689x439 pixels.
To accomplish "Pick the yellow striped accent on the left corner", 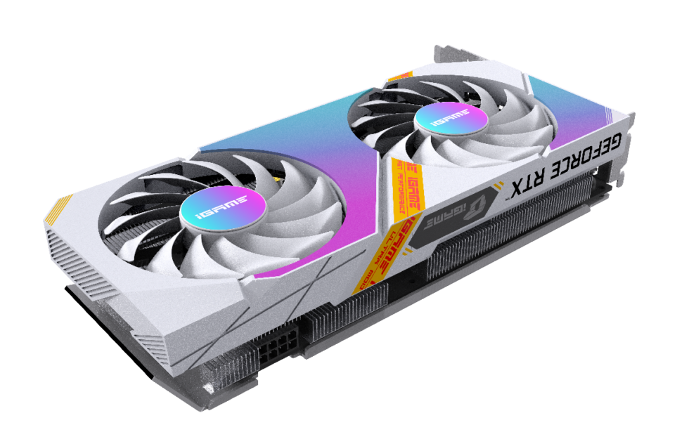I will tap(56, 210).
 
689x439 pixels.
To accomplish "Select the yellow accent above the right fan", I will tap(401, 75).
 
